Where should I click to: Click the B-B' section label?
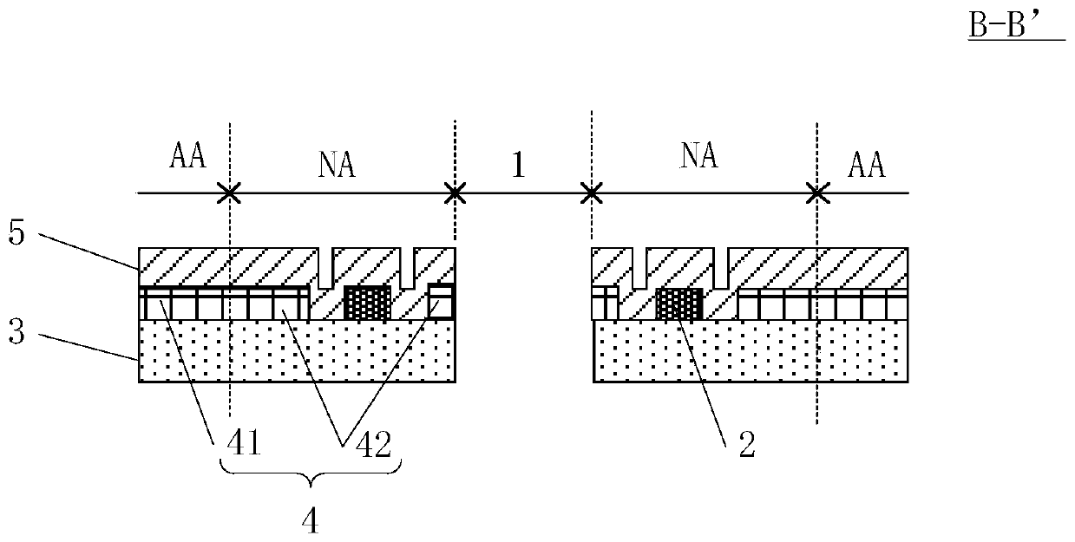point(1013,26)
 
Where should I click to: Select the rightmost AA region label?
point(865,163)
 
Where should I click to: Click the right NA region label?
point(699,157)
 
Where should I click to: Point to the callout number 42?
point(368,445)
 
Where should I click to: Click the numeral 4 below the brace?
point(310,521)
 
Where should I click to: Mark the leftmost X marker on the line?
point(229,193)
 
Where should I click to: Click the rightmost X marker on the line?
point(816,193)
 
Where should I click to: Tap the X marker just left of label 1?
point(454,193)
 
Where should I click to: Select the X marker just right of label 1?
point(591,193)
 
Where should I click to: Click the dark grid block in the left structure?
point(368,303)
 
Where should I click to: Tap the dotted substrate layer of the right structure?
point(750,351)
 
